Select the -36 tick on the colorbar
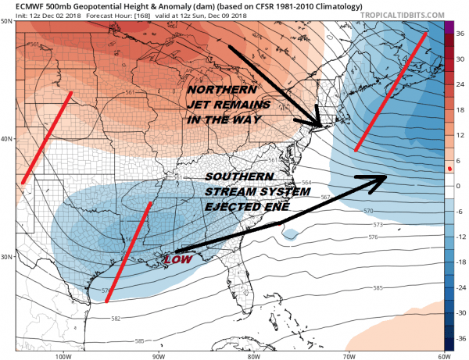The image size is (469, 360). (458, 339)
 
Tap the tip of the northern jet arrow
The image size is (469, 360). (320, 126)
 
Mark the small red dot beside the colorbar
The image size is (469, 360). (449, 169)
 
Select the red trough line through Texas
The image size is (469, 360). (129, 250)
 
